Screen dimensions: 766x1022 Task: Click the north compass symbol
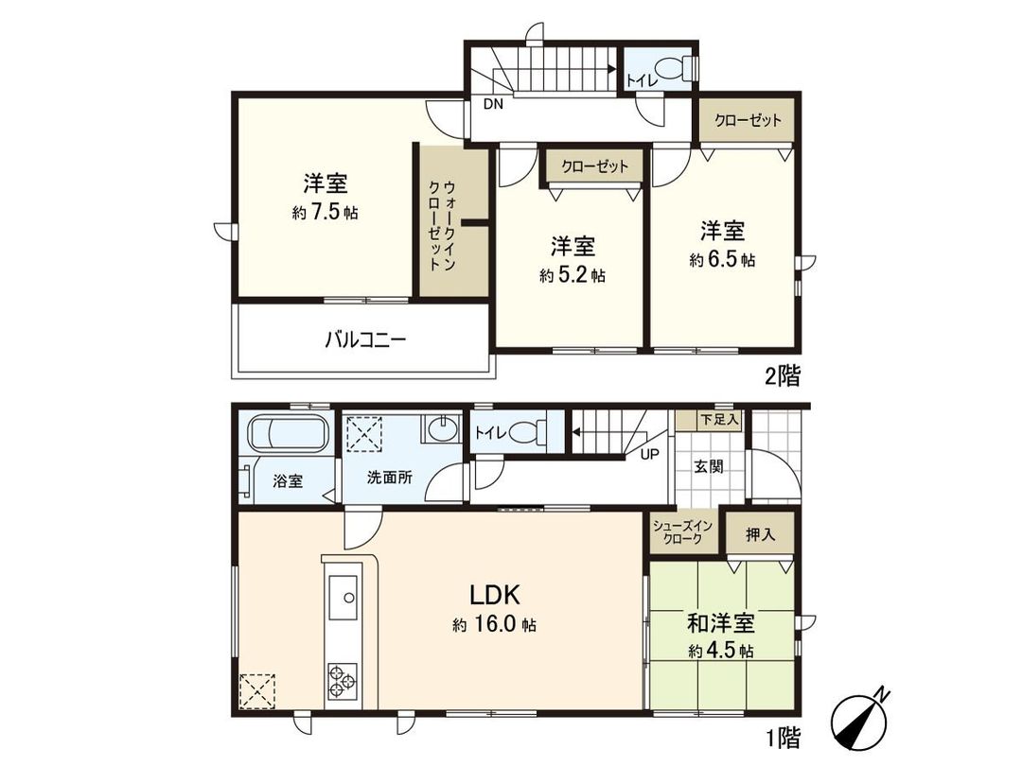859,718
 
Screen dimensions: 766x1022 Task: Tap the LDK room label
492,595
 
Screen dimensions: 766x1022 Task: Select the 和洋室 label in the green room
720,624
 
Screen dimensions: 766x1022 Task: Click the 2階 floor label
783,376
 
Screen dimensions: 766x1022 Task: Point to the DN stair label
494,105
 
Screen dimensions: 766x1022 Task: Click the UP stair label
650,453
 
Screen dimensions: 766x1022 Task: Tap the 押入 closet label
760,534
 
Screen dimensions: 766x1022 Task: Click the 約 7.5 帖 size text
326,214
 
